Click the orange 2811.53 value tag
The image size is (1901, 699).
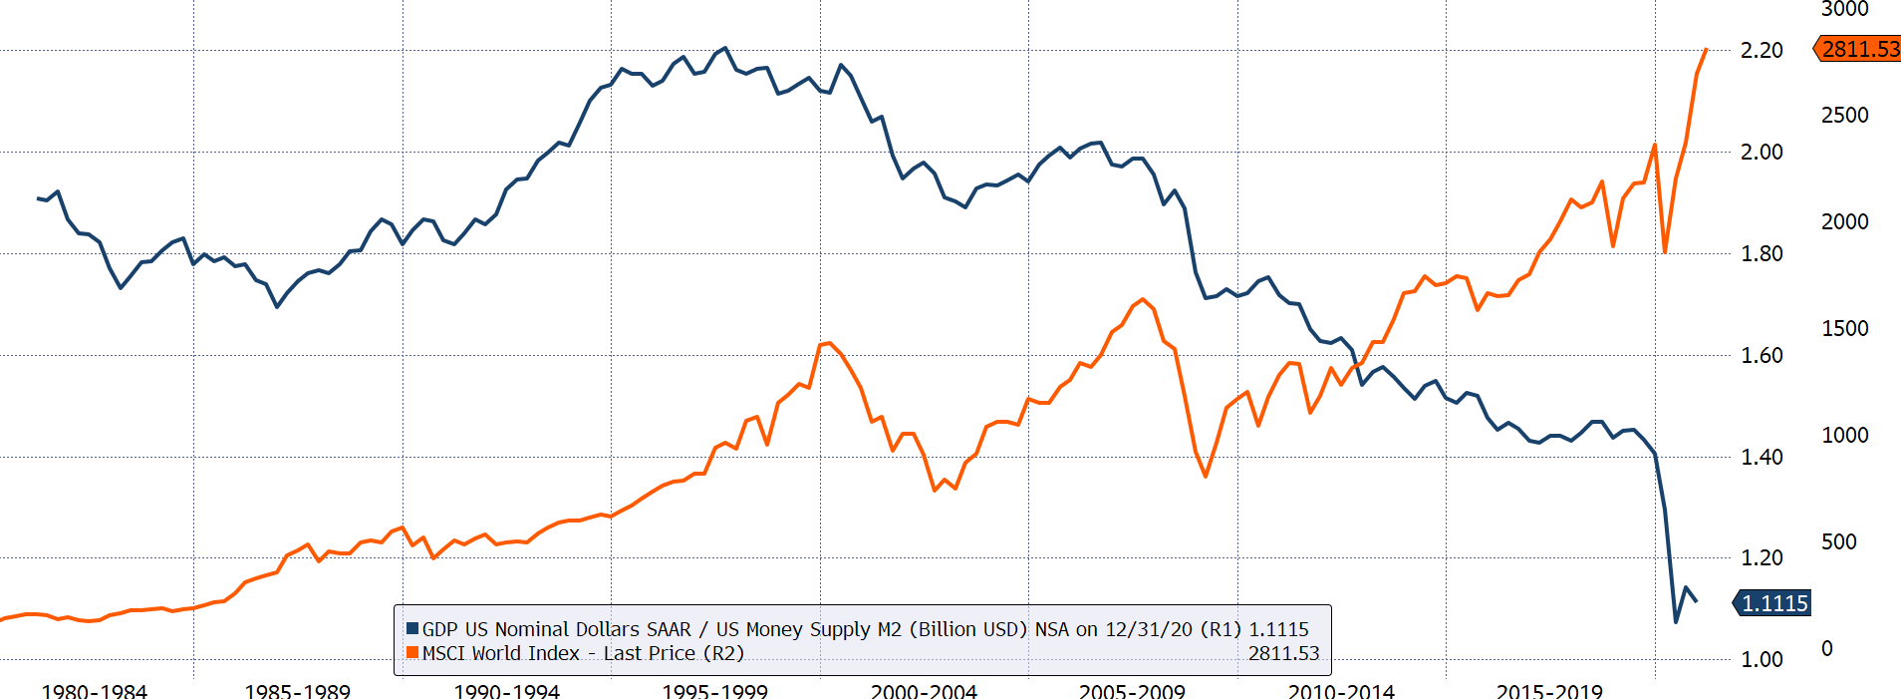click(x=1859, y=49)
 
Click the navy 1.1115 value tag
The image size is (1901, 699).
click(x=1774, y=603)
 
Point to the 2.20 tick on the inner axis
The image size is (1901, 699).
click(x=1761, y=50)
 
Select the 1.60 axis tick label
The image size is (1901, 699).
click(x=1761, y=355)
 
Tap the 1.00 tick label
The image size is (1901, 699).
click(x=1761, y=659)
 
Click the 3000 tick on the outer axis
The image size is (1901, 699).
click(x=1844, y=9)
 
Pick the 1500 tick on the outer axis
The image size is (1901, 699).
click(x=1844, y=328)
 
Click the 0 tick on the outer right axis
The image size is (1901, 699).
click(x=1827, y=648)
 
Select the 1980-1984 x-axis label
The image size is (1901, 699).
click(x=94, y=691)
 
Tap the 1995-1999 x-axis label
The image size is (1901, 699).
click(x=714, y=691)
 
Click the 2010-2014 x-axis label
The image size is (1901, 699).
click(x=1341, y=691)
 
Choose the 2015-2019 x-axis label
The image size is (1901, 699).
click(x=1549, y=691)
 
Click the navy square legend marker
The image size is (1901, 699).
click(x=412, y=629)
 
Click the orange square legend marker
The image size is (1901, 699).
click(x=412, y=653)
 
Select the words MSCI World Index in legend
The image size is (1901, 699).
click(x=500, y=653)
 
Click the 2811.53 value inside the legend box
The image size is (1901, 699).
click(x=1283, y=653)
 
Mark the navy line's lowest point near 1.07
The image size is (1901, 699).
click(x=1676, y=622)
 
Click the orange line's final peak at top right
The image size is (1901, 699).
click(x=1706, y=49)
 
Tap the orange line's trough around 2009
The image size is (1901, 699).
click(x=1206, y=477)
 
